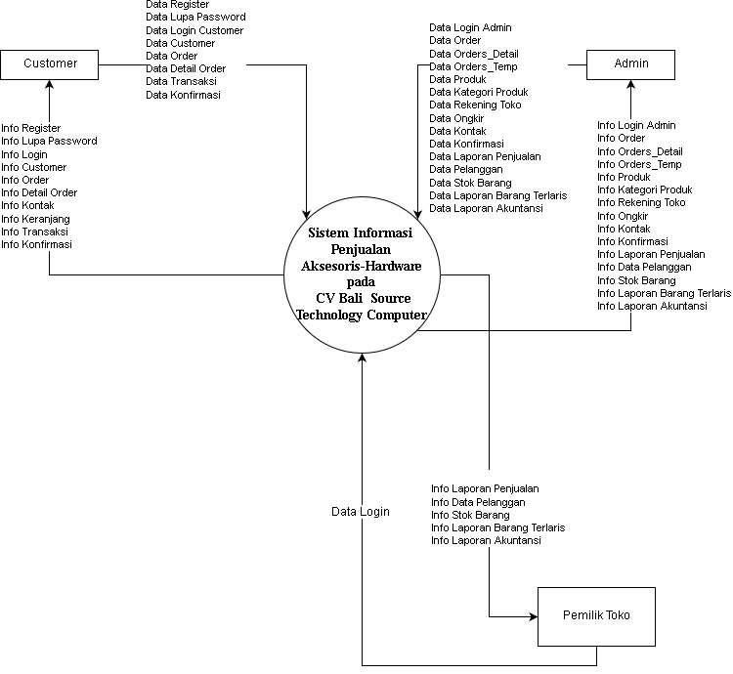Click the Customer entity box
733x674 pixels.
tap(50, 64)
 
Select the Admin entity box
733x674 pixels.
tap(630, 64)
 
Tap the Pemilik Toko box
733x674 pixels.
tap(596, 615)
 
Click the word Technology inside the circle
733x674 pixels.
tap(329, 316)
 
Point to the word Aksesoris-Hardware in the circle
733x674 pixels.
tap(362, 266)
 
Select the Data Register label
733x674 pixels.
tap(177, 5)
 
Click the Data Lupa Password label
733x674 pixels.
tap(195, 18)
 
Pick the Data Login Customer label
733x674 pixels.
tap(194, 30)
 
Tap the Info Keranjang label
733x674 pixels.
tap(35, 219)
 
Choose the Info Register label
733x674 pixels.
tap(31, 128)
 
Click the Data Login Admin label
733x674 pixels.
tap(470, 28)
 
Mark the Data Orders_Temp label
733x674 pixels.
tap(473, 66)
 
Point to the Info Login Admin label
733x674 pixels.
tap(636, 126)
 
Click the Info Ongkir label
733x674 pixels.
tap(623, 216)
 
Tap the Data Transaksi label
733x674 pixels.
tap(181, 82)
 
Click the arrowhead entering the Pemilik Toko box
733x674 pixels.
tap(533, 617)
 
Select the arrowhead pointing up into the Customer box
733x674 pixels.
tap(49, 85)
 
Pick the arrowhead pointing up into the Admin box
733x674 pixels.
tap(630, 85)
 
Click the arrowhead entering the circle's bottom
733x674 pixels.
tap(363, 359)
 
